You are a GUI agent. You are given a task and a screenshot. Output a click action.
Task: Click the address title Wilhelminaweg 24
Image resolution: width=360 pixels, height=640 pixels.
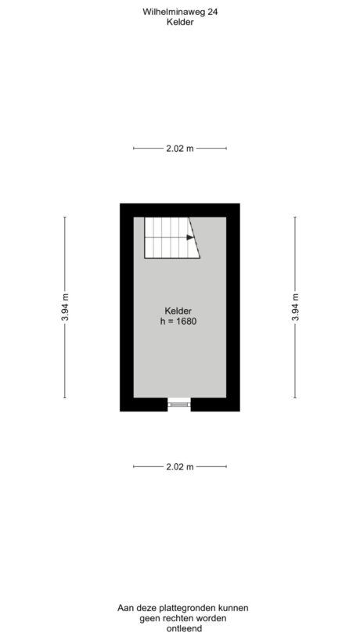click(179, 12)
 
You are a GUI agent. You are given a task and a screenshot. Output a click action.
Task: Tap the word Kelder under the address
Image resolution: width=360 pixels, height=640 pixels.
click(179, 23)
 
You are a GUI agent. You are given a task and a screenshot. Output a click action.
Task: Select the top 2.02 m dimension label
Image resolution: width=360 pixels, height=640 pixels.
click(179, 148)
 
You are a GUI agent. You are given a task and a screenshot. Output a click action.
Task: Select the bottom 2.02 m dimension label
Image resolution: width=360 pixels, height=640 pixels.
click(179, 466)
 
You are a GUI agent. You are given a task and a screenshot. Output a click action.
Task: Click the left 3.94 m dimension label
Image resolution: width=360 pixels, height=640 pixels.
click(65, 307)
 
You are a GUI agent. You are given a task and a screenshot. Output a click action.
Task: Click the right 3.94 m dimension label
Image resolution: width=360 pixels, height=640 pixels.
click(295, 307)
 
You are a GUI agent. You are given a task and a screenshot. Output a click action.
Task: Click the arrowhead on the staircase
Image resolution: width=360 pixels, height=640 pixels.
click(191, 237)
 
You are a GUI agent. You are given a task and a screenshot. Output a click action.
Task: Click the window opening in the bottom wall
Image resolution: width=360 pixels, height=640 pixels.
click(179, 404)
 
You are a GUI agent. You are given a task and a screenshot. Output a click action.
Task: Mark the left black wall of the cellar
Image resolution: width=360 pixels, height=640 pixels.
click(126, 307)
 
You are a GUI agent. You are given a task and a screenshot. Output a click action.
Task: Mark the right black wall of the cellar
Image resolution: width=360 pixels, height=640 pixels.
click(232, 307)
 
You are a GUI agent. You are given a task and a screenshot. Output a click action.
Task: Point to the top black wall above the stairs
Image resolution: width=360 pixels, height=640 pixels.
click(179, 210)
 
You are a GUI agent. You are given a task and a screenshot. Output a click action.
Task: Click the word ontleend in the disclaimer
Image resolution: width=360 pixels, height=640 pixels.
click(179, 629)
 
